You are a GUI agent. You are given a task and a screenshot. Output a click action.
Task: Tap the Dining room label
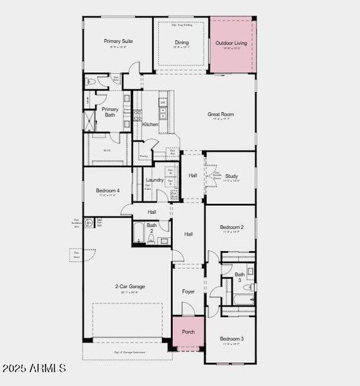click(182, 42)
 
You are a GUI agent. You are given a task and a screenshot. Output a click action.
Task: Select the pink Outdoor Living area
click(231, 45)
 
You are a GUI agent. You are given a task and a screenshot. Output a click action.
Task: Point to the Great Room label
click(221, 115)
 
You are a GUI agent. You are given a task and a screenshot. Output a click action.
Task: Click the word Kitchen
click(150, 124)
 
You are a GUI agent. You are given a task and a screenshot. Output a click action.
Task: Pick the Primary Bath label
click(110, 112)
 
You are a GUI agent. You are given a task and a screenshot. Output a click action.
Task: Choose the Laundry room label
click(154, 180)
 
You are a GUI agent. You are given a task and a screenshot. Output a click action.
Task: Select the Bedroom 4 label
click(107, 190)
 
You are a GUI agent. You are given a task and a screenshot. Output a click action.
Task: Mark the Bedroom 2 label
click(231, 227)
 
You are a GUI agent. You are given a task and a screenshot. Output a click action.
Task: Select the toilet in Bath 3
click(251, 287)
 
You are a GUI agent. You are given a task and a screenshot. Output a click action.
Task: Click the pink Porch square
click(188, 332)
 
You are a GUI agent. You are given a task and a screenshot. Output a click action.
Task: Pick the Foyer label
click(188, 292)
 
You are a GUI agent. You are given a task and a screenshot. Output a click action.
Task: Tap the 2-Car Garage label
click(130, 286)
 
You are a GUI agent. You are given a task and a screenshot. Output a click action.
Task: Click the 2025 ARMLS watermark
click(33, 368)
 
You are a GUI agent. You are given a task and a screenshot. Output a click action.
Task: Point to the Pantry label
click(143, 155)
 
